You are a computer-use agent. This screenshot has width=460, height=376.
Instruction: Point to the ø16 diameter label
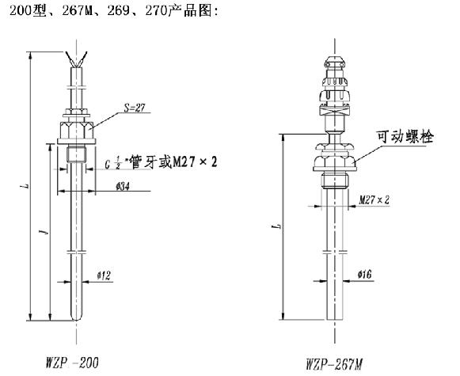365,275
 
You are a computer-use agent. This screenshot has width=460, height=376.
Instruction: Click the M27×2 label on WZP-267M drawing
374,201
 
